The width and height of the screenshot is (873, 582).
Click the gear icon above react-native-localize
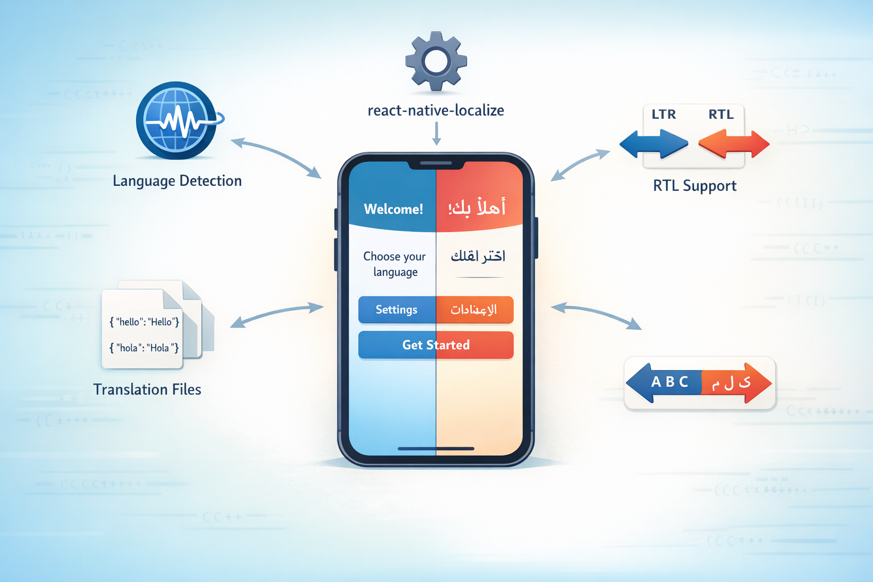tap(436, 61)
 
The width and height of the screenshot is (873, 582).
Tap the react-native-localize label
tap(436, 110)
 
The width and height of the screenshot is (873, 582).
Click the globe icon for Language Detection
tap(177, 120)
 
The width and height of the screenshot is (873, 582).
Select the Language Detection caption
tap(177, 181)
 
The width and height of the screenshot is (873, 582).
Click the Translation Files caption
tap(147, 389)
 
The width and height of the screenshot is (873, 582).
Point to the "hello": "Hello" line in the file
tap(144, 322)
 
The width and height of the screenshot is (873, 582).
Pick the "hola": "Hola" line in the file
tap(144, 347)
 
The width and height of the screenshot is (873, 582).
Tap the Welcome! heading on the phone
tap(393, 209)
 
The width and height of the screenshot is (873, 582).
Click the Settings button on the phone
tap(397, 310)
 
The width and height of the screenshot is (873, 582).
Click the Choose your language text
tap(394, 264)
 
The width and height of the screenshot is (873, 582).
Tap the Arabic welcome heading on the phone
tap(477, 207)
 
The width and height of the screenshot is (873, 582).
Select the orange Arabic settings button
tap(475, 310)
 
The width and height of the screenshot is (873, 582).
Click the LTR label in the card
tap(663, 114)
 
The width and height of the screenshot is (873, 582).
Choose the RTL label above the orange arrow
tap(721, 114)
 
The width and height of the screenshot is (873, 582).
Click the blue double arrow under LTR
tap(654, 144)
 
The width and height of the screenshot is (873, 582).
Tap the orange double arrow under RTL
tap(734, 144)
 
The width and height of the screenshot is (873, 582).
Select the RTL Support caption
tap(695, 186)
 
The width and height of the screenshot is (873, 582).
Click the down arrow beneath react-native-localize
tap(436, 134)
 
